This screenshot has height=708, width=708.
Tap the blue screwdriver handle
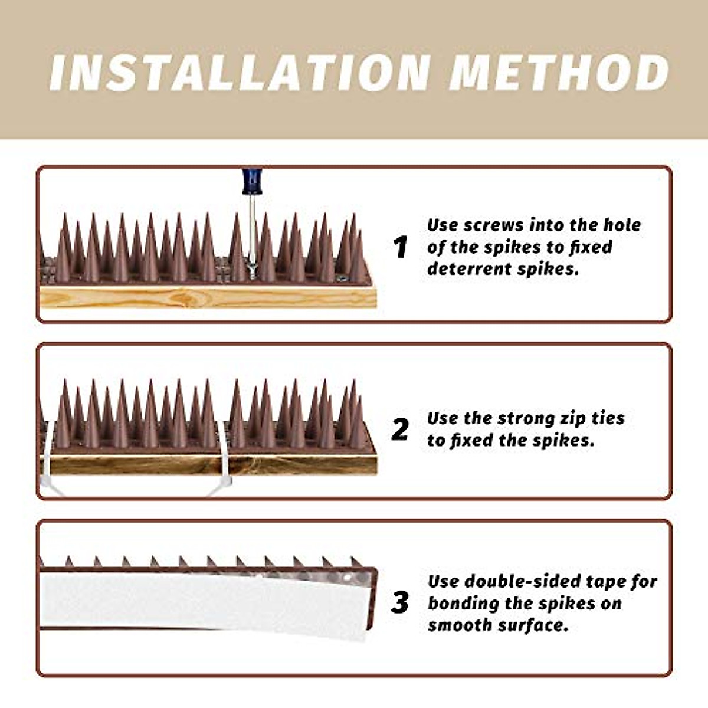pos(252,182)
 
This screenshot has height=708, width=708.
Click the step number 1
pos(400,247)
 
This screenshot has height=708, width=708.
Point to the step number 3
pos(400,602)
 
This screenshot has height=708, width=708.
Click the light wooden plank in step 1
pos(208,297)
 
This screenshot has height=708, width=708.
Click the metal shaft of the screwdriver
pos(252,228)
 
